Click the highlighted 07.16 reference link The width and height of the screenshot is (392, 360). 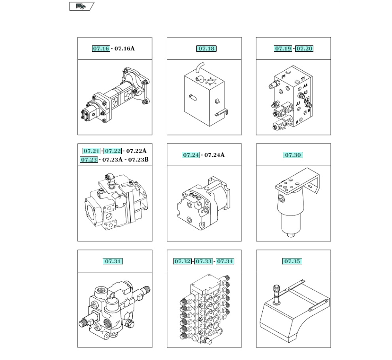point(101,49)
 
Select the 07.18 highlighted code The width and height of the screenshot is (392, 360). point(206,49)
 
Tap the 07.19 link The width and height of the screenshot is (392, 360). point(283,49)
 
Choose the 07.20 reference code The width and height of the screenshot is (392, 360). point(304,49)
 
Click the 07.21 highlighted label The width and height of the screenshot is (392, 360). point(92,151)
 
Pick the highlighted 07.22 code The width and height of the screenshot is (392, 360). point(113,151)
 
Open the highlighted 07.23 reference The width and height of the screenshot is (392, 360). point(89,160)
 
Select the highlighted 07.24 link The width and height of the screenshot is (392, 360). point(191,155)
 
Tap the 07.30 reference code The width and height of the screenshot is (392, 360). point(293,155)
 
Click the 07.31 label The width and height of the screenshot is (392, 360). point(113,261)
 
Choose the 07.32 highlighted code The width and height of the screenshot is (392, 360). point(183,261)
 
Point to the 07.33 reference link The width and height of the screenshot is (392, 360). point(204,261)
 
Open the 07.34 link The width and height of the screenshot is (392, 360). point(225,261)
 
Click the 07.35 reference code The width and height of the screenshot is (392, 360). point(292,261)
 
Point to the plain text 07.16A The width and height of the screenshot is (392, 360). point(124,49)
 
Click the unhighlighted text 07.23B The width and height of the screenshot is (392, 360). point(138,160)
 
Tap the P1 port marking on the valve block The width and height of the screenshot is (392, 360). point(283,77)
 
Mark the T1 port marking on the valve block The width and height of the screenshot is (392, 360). point(303,79)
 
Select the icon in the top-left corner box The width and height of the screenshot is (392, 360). point(81,6)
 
